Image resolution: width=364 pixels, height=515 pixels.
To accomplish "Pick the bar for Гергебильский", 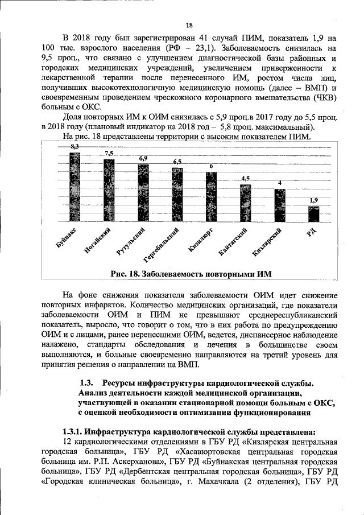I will coord(177,195).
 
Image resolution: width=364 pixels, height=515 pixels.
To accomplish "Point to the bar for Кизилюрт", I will coord(211,197).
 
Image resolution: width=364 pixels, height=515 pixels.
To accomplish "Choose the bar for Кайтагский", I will coord(245,203).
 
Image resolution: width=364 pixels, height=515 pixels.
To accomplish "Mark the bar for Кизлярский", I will coord(279,205).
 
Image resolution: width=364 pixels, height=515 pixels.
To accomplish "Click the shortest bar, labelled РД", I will coord(314,214).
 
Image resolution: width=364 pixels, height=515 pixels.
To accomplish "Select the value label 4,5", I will coord(245,179).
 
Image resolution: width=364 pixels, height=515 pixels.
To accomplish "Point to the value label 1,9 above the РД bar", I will coord(314,200).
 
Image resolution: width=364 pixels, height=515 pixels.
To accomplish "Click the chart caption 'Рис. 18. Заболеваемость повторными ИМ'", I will coord(192,274).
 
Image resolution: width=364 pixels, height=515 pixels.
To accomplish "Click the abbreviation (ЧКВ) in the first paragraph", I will coord(322,97).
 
